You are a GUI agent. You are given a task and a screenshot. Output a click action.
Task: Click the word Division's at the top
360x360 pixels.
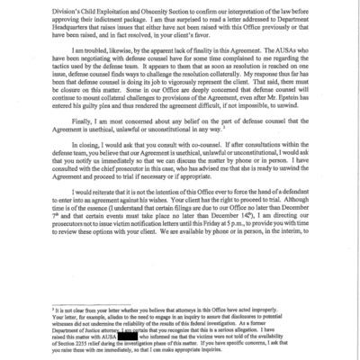coord(56,7)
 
